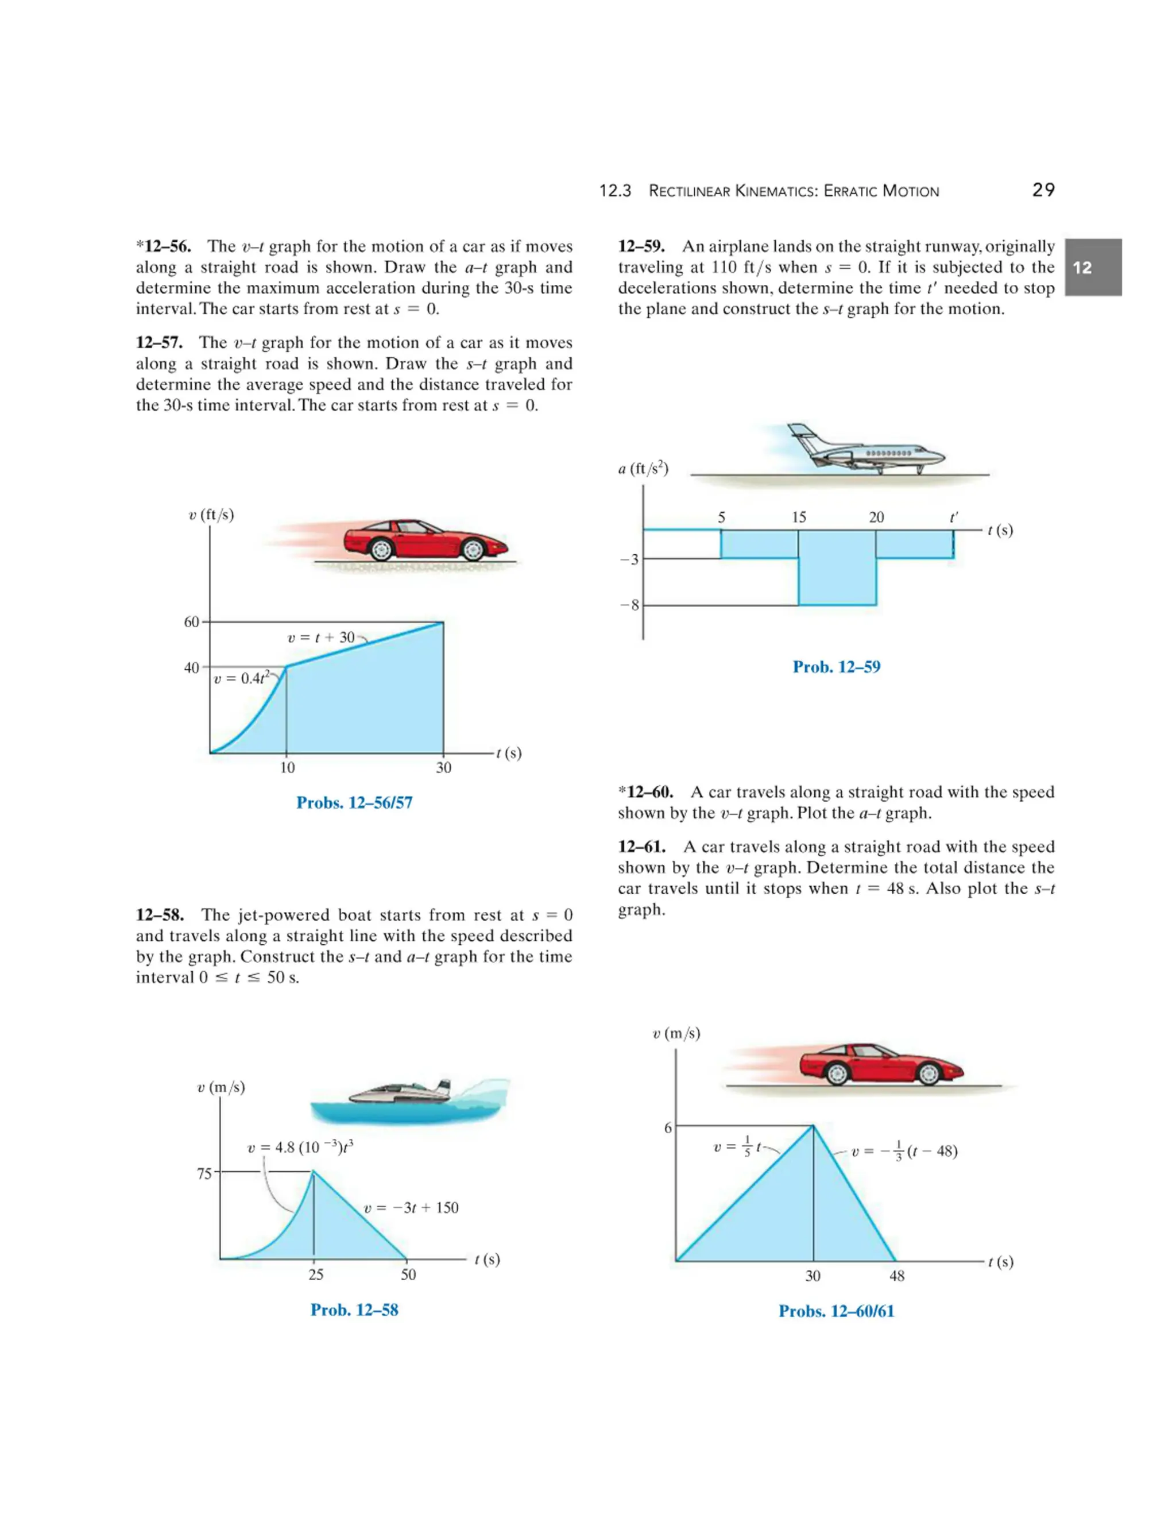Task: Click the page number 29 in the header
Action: pyautogui.click(x=1043, y=190)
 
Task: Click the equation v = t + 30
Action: pyautogui.click(x=322, y=638)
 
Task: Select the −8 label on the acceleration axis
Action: pyautogui.click(x=629, y=605)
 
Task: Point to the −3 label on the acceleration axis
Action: pyautogui.click(x=629, y=559)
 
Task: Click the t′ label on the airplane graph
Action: pyautogui.click(x=954, y=517)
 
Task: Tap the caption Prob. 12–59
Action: pyautogui.click(x=836, y=667)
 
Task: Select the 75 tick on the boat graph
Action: pyautogui.click(x=203, y=1173)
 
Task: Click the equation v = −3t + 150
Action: pyautogui.click(x=412, y=1208)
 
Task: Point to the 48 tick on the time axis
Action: pyautogui.click(x=896, y=1276)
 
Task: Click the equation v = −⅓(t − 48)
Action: pyautogui.click(x=904, y=1151)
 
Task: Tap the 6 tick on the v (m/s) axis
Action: pyautogui.click(x=667, y=1127)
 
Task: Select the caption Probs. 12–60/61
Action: pyautogui.click(x=836, y=1312)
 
